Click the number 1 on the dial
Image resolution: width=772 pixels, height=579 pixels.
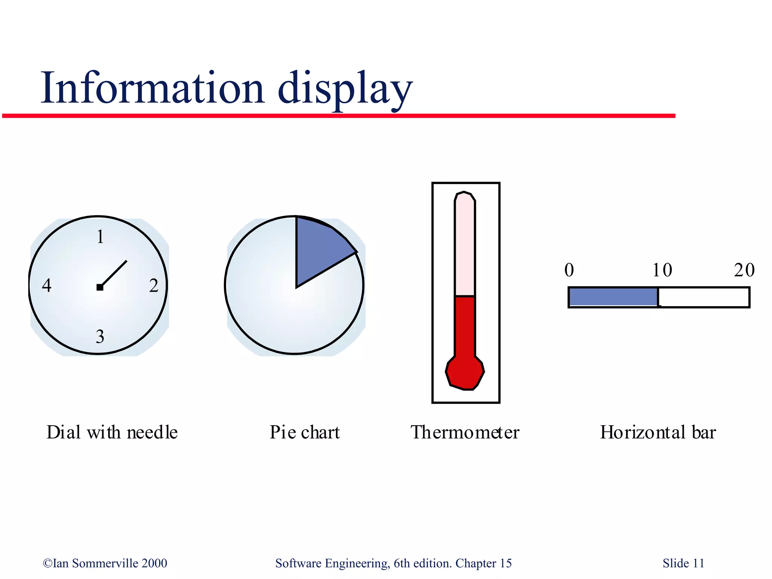100,237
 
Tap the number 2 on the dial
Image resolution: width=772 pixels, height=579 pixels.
154,286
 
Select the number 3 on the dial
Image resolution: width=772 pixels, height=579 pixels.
100,337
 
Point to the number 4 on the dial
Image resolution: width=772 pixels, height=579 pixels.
47,285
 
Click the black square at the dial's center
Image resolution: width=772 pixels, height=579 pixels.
100,288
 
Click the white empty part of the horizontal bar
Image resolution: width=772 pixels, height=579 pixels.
703,297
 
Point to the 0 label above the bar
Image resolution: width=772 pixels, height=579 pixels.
569,270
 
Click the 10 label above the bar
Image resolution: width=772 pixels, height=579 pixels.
662,270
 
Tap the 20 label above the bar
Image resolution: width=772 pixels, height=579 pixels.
744,270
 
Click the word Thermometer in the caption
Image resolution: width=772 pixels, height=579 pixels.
465,432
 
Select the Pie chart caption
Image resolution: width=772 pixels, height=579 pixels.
305,432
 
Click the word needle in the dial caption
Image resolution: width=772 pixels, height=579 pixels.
152,432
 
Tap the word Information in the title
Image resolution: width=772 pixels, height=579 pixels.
153,89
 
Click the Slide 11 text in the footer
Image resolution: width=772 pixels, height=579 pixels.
683,563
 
